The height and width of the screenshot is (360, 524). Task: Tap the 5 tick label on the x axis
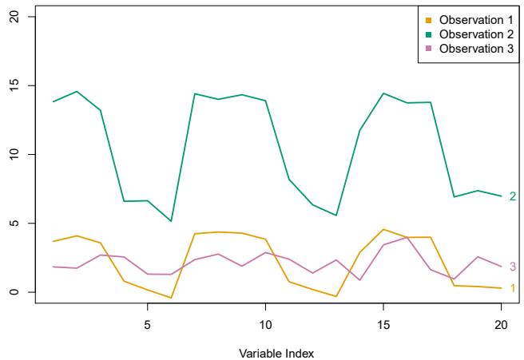point(147,326)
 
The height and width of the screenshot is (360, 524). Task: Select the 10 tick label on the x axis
point(265,326)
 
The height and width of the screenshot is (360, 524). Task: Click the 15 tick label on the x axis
point(383,326)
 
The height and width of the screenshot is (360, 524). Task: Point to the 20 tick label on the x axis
point(501,326)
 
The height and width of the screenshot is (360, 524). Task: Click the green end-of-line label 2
point(513,196)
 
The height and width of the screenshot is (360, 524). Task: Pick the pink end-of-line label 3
point(513,267)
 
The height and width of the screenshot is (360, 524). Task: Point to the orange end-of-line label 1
point(513,288)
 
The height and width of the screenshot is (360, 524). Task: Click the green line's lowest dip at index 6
point(171,221)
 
